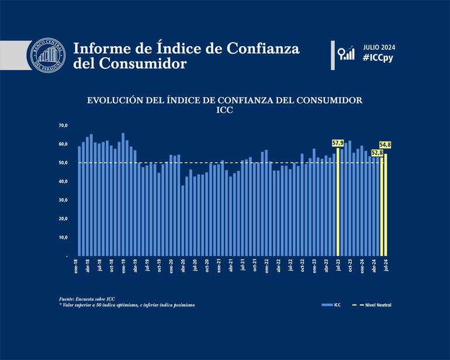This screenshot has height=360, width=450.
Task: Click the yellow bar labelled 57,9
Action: coord(338,202)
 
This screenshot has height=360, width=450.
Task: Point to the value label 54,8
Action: coord(385,144)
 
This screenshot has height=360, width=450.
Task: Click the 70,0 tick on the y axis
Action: coord(63,126)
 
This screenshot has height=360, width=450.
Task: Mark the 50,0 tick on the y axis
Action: coord(63,162)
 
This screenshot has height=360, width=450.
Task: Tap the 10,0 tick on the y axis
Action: coord(63,237)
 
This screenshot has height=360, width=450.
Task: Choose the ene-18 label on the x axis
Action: coord(76,266)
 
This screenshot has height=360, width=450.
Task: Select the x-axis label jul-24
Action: coord(386,266)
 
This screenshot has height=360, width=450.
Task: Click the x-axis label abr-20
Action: coord(183,266)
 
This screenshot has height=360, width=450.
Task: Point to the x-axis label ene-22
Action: coord(266,266)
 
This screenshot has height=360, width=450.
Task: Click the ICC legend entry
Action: coord(333,305)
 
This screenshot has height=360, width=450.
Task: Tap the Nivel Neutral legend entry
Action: coord(375,305)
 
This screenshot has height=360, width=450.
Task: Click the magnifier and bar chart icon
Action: coord(347,53)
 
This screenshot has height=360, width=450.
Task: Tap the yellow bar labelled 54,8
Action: coord(385,205)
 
